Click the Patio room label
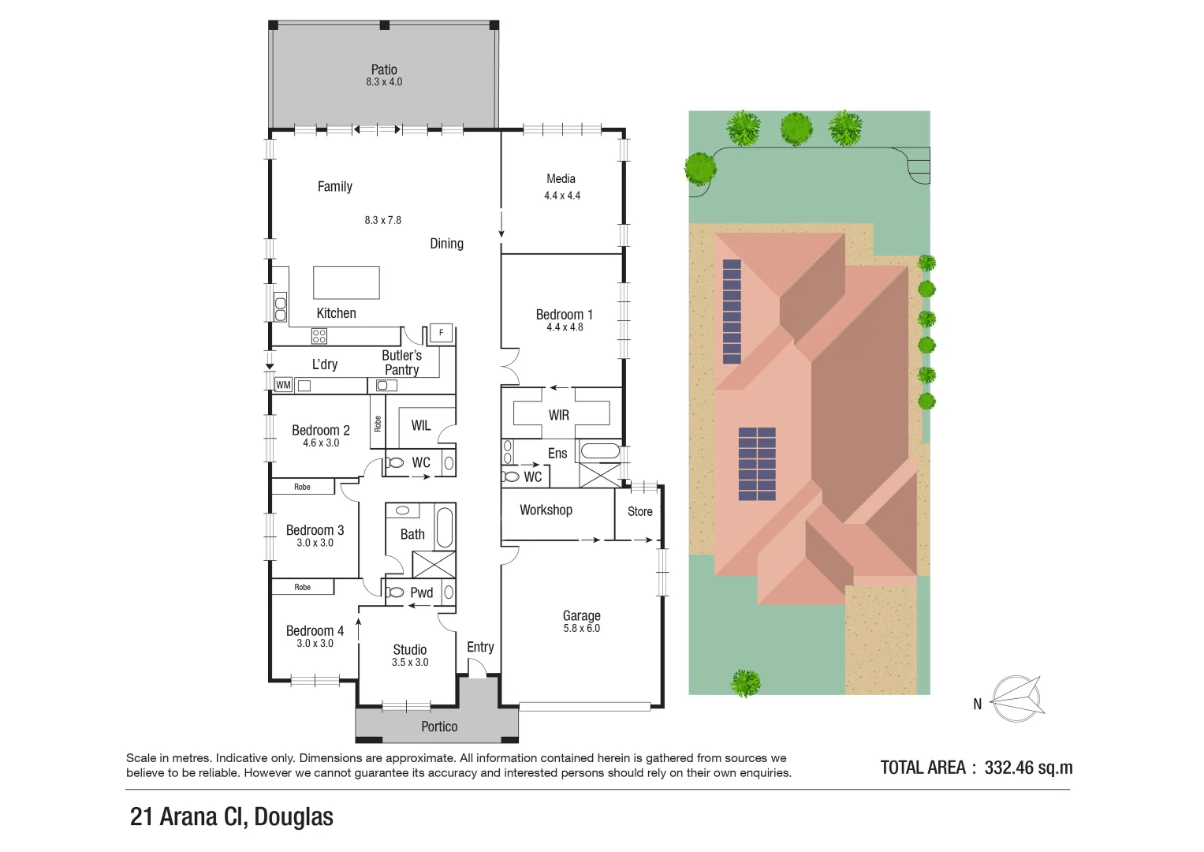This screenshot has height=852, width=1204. [384, 69]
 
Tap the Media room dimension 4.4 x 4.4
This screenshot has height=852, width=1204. [561, 196]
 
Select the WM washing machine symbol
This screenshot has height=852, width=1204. [283, 385]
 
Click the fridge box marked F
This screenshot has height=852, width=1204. [441, 333]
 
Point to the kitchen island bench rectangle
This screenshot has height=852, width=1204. [346, 282]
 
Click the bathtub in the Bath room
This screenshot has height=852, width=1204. [445, 527]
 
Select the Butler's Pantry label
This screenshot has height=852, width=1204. [401, 363]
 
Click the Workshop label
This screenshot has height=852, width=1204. [546, 510]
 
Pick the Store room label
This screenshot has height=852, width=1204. [639, 511]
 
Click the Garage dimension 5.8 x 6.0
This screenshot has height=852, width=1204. [581, 629]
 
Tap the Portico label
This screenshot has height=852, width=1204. [439, 727]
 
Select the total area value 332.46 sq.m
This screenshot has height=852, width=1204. [1028, 768]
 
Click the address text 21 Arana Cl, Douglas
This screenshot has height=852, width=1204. [231, 816]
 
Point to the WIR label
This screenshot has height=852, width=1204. [558, 415]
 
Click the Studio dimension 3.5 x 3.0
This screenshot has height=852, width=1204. [410, 663]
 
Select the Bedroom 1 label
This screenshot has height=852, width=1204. [564, 314]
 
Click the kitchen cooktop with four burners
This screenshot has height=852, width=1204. [319, 337]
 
